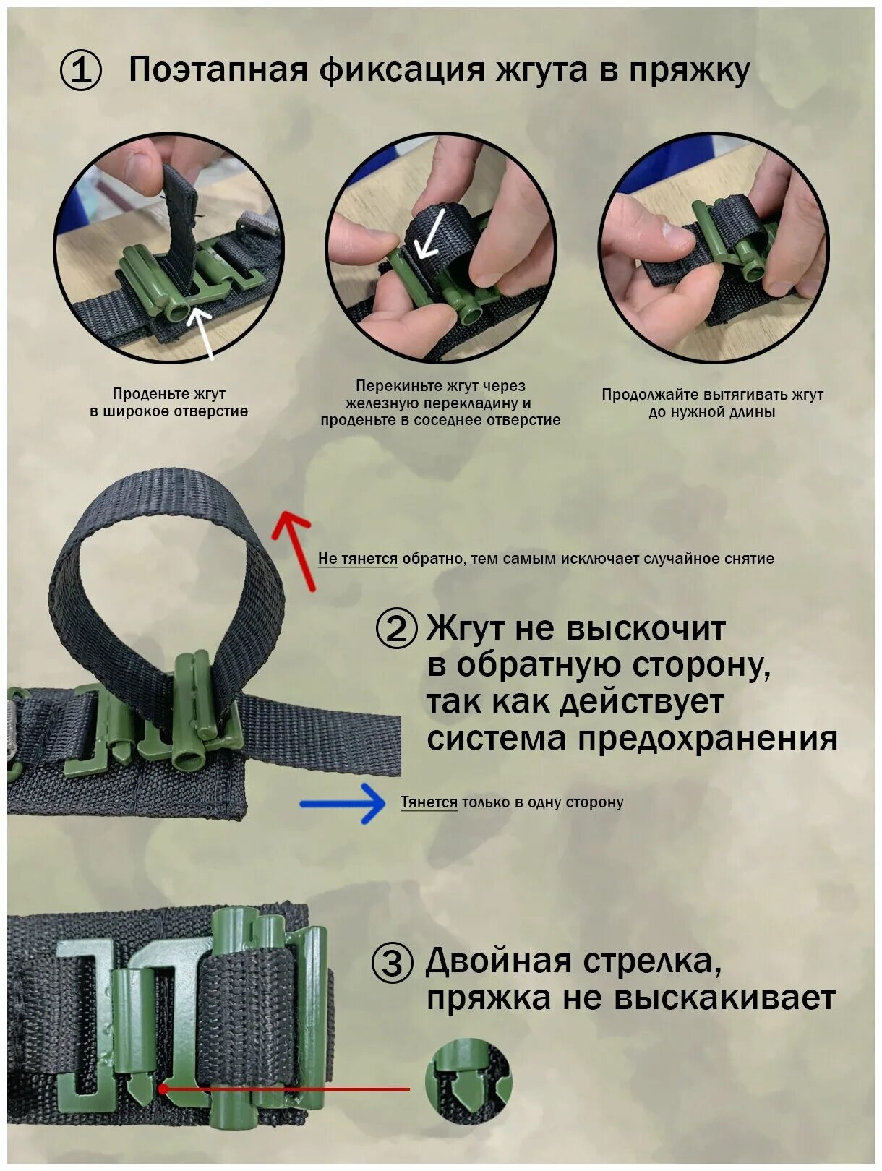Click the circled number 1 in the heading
tap(80, 71)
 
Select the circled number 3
tap(392, 963)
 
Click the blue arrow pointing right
tap(344, 803)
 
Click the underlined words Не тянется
tap(358, 559)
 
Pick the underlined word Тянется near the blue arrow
tap(429, 802)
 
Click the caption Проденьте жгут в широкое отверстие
tap(168, 403)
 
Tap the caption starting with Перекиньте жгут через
tap(440, 403)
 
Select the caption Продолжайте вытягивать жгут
tap(712, 403)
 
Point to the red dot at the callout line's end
tap(163, 1088)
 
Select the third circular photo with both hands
tap(714, 247)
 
